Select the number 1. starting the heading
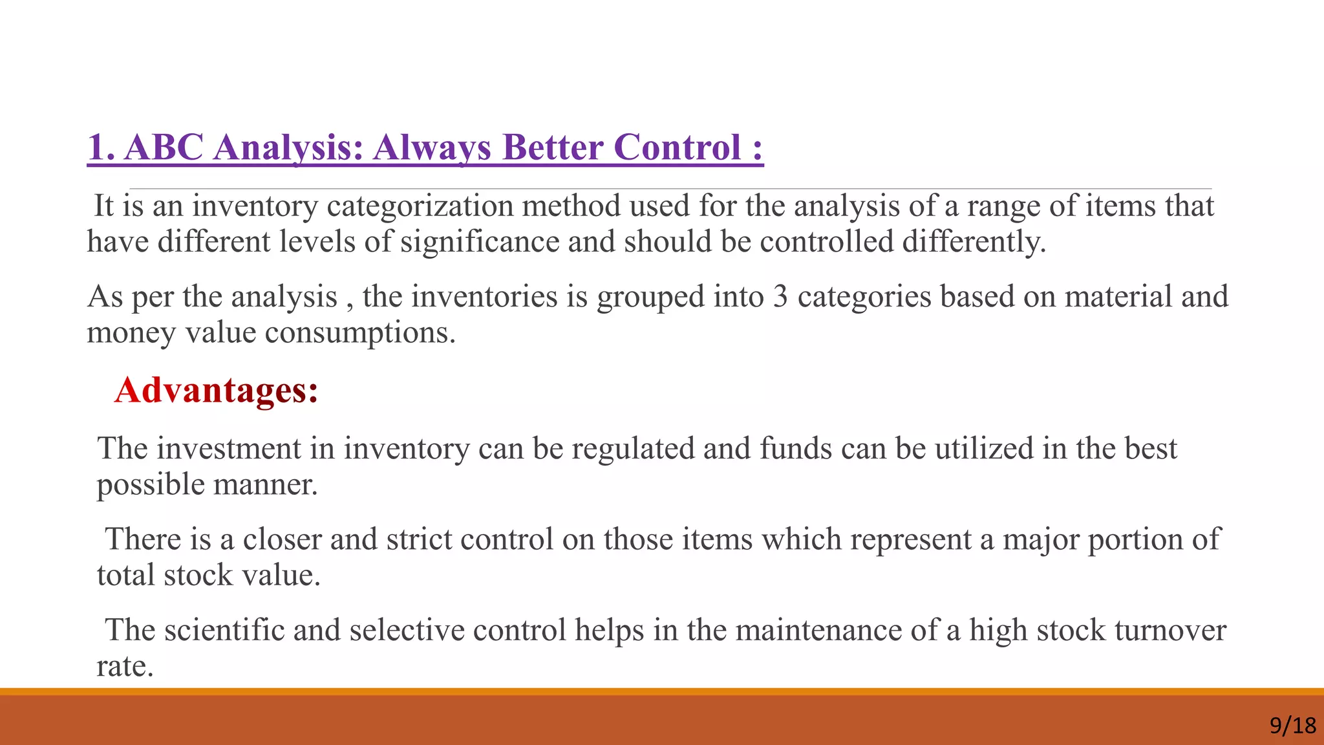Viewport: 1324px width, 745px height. (101, 147)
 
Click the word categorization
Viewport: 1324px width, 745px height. (420, 206)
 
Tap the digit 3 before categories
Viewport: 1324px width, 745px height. (780, 297)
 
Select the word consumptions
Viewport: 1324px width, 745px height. (360, 333)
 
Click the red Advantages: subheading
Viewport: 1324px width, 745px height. (216, 391)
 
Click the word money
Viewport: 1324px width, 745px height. (131, 333)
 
